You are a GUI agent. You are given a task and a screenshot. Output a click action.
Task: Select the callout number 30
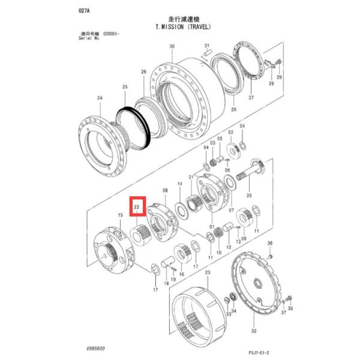(172, 46)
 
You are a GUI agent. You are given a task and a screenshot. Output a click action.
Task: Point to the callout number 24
(100, 98)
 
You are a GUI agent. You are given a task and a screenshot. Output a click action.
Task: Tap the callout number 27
(251, 97)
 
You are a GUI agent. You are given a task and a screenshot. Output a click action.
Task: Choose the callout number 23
(207, 272)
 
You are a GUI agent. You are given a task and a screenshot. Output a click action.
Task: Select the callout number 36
(269, 243)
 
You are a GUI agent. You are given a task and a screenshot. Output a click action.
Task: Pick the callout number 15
(120, 214)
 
